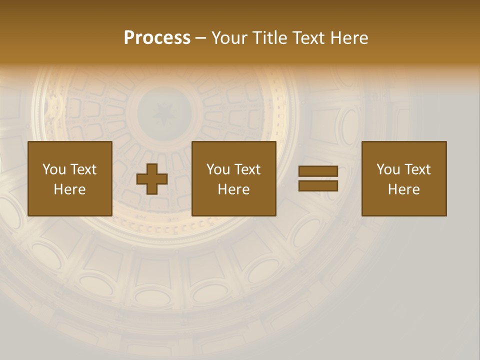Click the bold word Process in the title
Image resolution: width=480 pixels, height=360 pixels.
157,38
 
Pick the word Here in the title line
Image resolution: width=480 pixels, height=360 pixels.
349,38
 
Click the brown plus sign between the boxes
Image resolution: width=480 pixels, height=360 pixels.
152,178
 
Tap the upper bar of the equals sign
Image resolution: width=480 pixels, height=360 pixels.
318,171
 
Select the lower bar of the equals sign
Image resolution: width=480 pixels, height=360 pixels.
318,185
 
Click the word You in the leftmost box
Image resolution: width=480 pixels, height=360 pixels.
54,169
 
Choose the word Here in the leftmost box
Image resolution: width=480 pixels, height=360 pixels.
69,189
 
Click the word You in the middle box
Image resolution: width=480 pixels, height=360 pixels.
218,169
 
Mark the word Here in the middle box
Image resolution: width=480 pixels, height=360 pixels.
233,189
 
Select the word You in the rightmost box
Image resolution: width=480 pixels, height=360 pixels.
388,169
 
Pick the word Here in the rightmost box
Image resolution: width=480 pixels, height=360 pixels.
403,189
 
